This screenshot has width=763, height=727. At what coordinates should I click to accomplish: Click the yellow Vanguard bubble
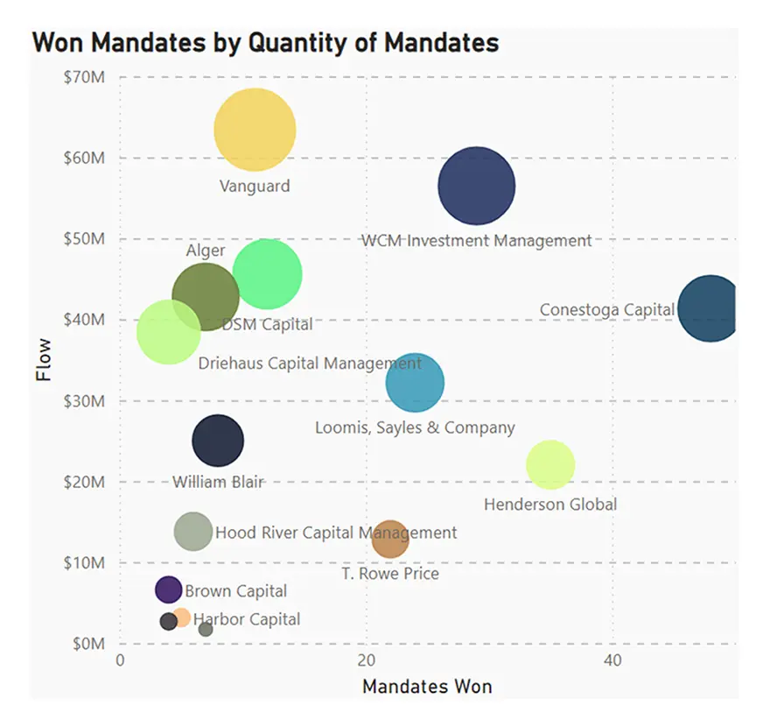pyautogui.click(x=255, y=130)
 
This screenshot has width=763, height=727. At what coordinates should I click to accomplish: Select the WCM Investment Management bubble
pyautogui.click(x=476, y=186)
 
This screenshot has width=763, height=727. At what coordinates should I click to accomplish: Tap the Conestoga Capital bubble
pyautogui.click(x=710, y=307)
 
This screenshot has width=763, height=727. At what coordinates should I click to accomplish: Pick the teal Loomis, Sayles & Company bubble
pyautogui.click(x=415, y=382)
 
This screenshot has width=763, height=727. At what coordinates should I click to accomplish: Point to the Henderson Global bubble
pyautogui.click(x=550, y=464)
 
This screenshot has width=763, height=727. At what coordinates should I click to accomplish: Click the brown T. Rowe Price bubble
pyautogui.click(x=390, y=539)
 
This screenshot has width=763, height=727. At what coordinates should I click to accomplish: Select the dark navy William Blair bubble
pyautogui.click(x=218, y=441)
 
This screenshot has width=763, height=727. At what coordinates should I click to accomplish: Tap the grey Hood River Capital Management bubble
pyautogui.click(x=193, y=531)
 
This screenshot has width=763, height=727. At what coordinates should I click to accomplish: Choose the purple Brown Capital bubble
pyautogui.click(x=168, y=589)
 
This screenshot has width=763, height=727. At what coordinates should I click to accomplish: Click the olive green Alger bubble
pyautogui.click(x=206, y=296)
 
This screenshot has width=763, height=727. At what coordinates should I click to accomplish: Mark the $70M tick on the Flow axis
pyautogui.click(x=85, y=77)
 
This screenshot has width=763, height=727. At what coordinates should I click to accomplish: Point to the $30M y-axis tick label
pyautogui.click(x=85, y=401)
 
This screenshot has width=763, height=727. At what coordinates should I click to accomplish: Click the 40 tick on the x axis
pyautogui.click(x=612, y=660)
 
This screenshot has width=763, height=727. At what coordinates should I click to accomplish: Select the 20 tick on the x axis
pyautogui.click(x=367, y=660)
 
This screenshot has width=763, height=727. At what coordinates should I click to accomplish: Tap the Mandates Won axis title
pyautogui.click(x=427, y=686)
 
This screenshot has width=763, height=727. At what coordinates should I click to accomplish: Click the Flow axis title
pyautogui.click(x=44, y=360)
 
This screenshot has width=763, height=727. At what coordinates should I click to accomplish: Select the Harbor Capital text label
pyautogui.click(x=247, y=619)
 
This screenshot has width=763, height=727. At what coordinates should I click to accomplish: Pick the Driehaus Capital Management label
pyautogui.click(x=310, y=363)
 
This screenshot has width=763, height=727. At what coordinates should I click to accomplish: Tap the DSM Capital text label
pyautogui.click(x=267, y=324)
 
